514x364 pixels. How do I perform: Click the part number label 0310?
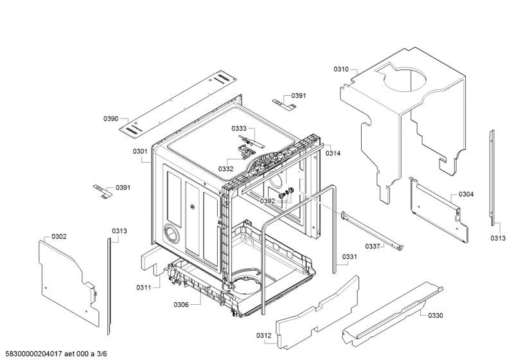coord(341,69)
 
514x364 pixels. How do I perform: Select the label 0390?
coord(111,119)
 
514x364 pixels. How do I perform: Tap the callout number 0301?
coord(140,151)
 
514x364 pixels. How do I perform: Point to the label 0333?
coord(239,129)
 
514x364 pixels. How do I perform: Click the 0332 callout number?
coord(226,168)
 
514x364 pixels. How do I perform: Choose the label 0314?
coord(333,153)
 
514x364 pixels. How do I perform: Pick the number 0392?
coord(267,201)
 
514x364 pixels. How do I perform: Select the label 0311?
coord(143,287)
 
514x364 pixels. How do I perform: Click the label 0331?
coord(350,257)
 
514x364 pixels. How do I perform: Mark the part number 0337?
coord(373,246)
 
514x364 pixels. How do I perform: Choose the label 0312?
coord(264,336)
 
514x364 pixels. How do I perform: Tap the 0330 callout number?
coord(436,315)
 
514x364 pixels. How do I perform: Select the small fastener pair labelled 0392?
coord(285,192)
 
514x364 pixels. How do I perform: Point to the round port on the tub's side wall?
coord(172,233)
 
